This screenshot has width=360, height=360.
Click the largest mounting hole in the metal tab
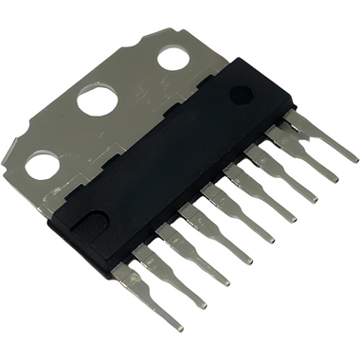98,99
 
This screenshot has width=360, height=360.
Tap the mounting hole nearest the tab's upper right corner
172,58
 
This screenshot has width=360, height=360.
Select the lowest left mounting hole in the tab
42,167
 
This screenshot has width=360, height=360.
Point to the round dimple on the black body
241,94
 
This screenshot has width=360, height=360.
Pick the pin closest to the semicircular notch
142,294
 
